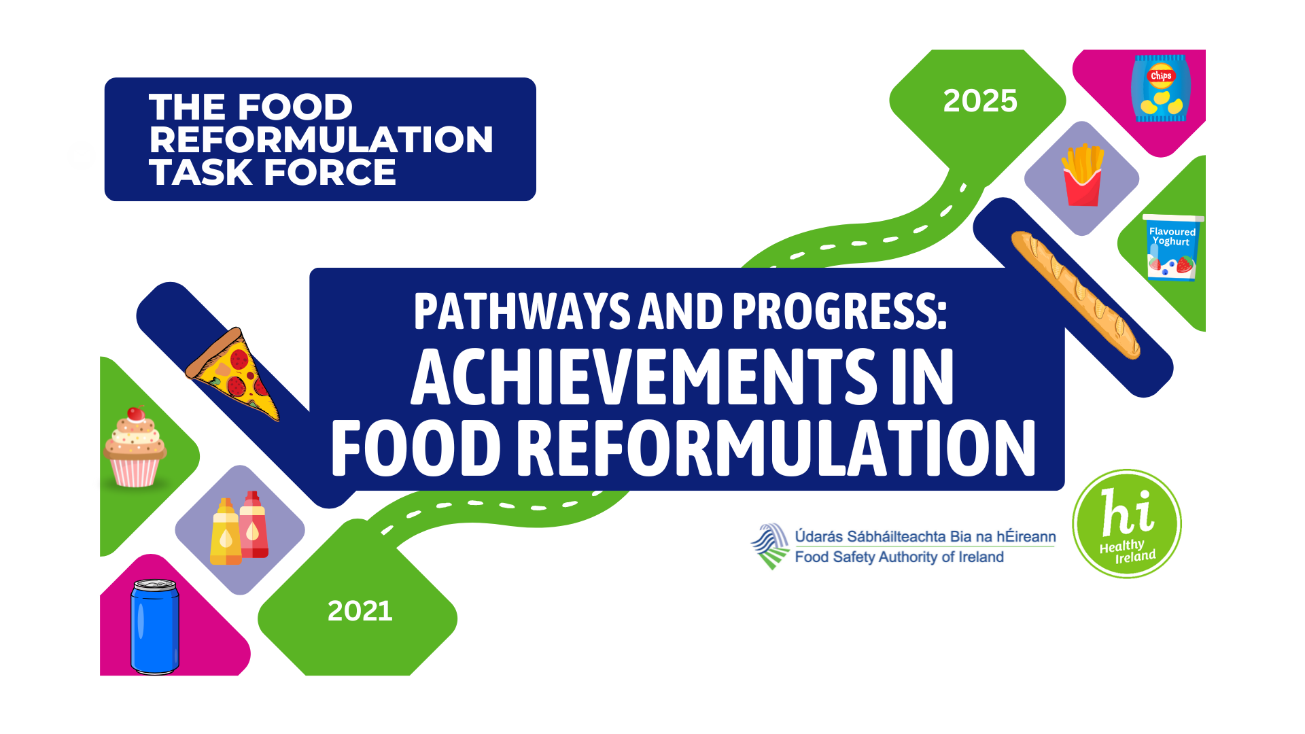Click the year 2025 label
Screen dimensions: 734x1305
pyautogui.click(x=979, y=101)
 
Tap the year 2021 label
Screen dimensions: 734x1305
pyautogui.click(x=360, y=611)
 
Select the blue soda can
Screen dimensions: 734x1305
pyautogui.click(x=155, y=627)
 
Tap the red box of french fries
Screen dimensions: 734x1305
pyautogui.click(x=1082, y=176)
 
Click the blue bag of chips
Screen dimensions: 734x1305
pyautogui.click(x=1160, y=88)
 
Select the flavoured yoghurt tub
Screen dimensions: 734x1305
pyautogui.click(x=1172, y=247)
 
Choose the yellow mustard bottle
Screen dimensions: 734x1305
pyautogui.click(x=226, y=533)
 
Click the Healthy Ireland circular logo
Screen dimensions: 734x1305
pyautogui.click(x=1126, y=524)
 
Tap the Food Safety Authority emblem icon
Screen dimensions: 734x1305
pyautogui.click(x=771, y=546)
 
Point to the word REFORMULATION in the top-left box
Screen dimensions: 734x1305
pyautogui.click(x=321, y=140)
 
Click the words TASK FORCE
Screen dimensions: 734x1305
pyautogui.click(x=273, y=173)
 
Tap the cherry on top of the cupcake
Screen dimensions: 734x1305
pyautogui.click(x=136, y=413)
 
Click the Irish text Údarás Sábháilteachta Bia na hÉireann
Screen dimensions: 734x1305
pyautogui.click(x=925, y=536)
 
